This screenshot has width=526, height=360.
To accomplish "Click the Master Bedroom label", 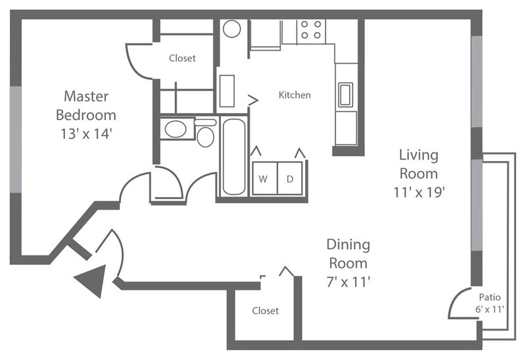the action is point(86,106).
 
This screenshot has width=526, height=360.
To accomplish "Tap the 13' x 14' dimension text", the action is point(86,134).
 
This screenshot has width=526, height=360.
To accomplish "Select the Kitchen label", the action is point(295,95).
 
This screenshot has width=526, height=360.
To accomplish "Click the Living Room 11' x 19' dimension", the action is point(419,192).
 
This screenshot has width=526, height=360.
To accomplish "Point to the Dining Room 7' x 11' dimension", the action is point(348,282).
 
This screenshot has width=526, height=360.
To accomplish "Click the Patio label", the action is point(490,297).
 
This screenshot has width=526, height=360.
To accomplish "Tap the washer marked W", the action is point(265,178).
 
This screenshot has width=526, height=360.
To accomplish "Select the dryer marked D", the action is point(290,178).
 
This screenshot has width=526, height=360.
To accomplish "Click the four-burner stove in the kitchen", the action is point(311,32).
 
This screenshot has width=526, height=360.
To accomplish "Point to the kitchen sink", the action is point(346,95).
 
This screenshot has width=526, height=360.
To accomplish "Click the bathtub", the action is point(234,156).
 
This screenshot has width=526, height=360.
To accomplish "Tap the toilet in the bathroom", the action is point(205,133).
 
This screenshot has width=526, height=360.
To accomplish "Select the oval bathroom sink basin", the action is point(176,129).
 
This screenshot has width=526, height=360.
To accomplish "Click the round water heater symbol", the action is point(232,29).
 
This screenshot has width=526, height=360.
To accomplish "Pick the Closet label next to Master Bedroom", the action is point(182,58).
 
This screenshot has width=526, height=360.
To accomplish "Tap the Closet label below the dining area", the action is point(266,311).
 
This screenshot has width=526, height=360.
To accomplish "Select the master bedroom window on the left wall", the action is point(15,139).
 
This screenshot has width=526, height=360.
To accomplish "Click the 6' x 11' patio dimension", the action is point(490,309).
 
